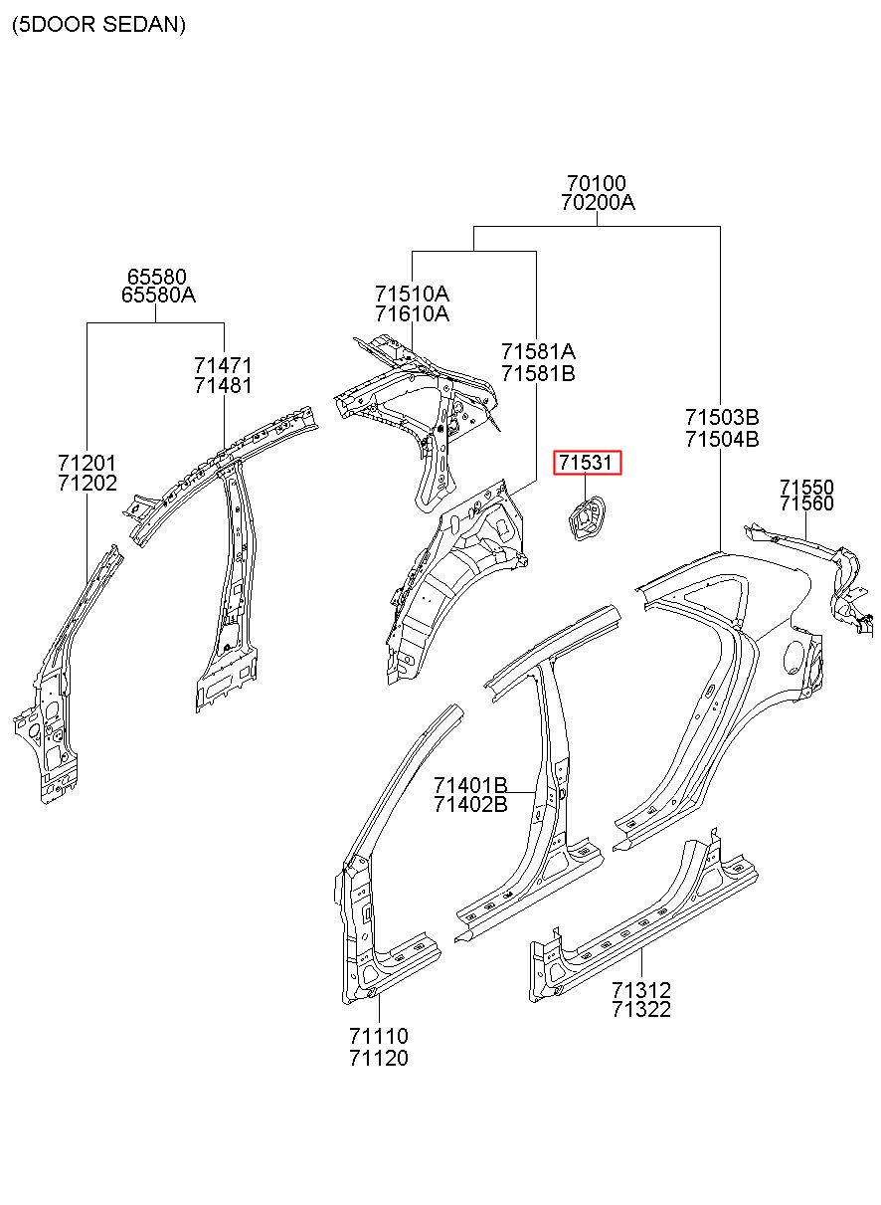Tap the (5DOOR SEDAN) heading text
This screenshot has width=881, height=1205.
98,25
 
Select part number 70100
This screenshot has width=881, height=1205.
597,183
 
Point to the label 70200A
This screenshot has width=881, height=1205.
598,203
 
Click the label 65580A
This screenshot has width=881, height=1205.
158,295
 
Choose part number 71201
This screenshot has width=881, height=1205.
88,463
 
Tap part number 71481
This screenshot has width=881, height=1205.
223,385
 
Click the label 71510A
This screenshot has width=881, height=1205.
412,294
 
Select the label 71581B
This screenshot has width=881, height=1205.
538,373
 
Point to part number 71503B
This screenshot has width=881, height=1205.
722,417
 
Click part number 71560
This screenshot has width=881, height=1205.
806,503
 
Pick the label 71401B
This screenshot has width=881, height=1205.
470,785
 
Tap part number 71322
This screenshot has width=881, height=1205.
641,1009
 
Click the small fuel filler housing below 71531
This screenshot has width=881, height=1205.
586,518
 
